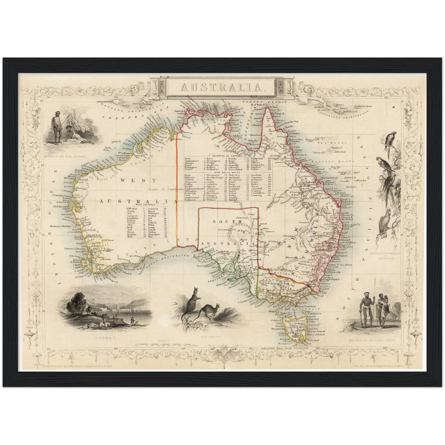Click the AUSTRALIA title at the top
[223, 87]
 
